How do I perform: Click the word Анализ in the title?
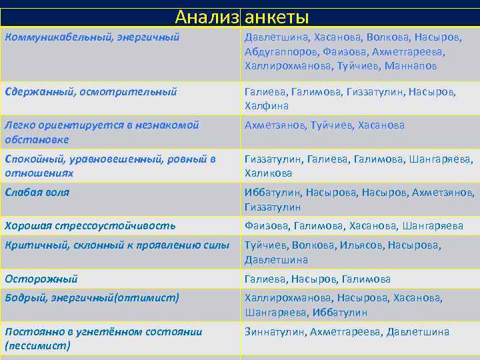tap(206, 17)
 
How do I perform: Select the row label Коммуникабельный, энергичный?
tap(92, 37)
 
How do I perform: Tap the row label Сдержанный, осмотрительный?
tap(91, 91)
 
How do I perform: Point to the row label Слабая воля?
tap(37, 192)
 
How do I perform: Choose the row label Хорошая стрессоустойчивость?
tap(90, 225)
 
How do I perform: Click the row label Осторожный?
tap(41, 279)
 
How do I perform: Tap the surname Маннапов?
tap(409, 66)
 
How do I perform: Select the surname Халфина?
tap(267, 106)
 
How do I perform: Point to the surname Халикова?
tap(269, 173)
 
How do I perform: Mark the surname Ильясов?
tap(367, 245)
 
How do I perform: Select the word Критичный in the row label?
tap(33, 245)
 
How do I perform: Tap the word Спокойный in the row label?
tap(33, 159)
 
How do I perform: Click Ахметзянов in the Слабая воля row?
tap(442, 193)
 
